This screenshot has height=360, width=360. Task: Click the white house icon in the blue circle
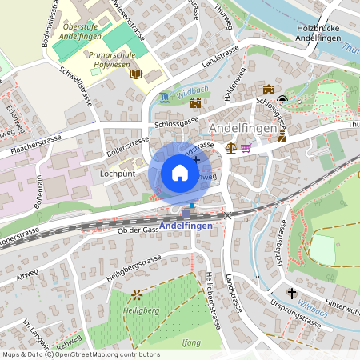click(180, 173)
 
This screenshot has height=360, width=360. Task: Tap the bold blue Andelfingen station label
click(186, 226)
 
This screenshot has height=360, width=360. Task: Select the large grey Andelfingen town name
click(242, 128)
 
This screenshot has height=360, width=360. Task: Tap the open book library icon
click(136, 74)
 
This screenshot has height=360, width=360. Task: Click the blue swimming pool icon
click(165, 98)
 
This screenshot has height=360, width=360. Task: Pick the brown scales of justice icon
click(231, 147)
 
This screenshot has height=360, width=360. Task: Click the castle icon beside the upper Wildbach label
click(194, 103)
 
